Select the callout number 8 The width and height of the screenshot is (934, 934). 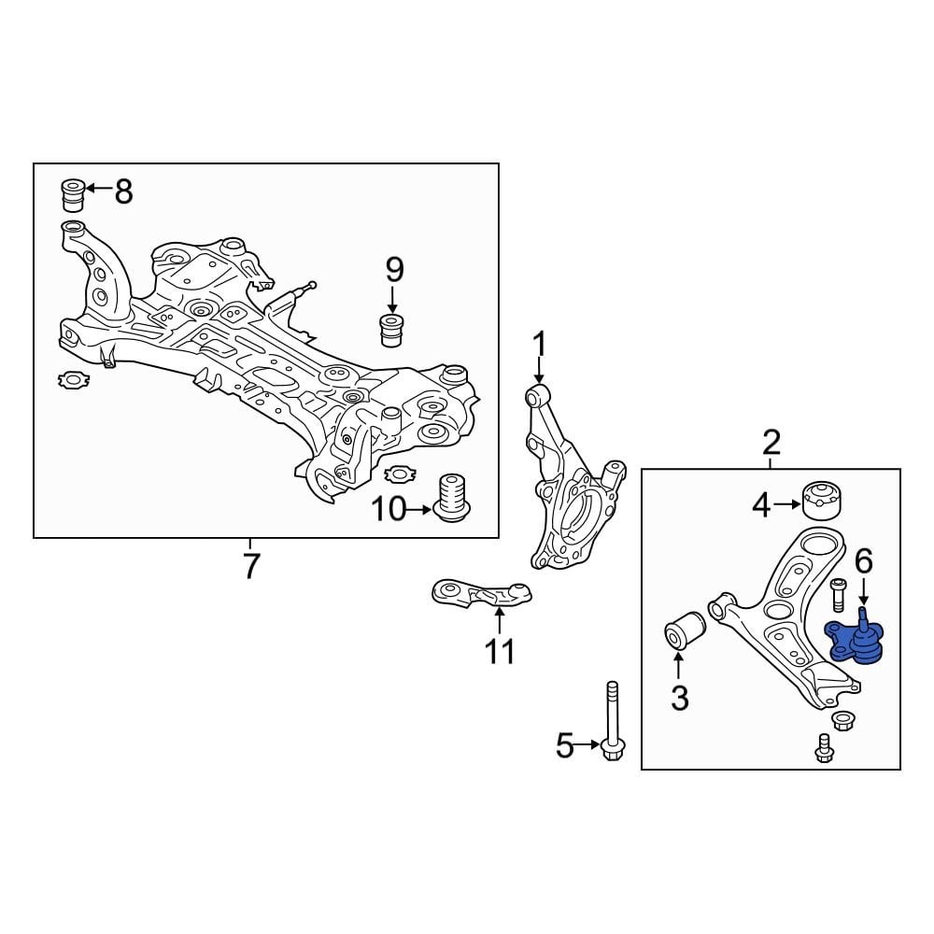pos(123,191)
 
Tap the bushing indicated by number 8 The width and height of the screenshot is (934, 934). pos(72,193)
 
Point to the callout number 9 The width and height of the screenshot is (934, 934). pos(393,271)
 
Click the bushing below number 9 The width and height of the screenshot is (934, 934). pos(391,330)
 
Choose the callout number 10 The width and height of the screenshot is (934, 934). pos(390,510)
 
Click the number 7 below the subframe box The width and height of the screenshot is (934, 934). pos(250,565)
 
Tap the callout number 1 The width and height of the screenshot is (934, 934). pos(538,345)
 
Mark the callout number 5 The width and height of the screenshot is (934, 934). pos(564,745)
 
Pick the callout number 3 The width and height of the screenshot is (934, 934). pos(679,697)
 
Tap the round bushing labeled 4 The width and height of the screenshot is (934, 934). pos(821,500)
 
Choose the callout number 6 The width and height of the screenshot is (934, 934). pos(863,561)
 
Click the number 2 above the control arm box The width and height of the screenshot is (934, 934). pos(771,441)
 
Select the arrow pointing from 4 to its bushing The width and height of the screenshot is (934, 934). pos(787,506)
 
